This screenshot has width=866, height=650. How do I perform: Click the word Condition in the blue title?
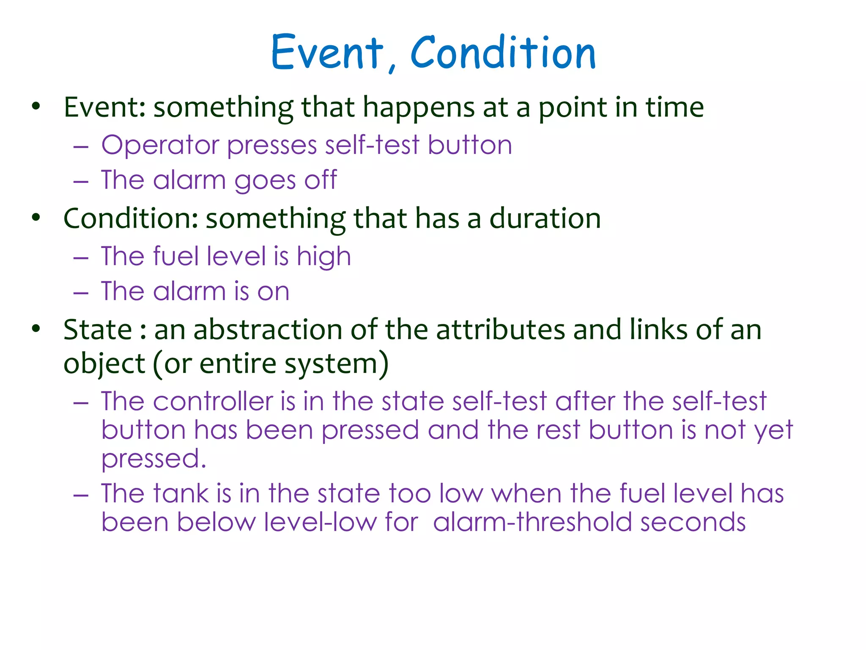click(x=503, y=52)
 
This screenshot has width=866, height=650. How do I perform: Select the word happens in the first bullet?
click(x=419, y=107)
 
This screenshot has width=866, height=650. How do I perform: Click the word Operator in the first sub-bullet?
click(x=160, y=145)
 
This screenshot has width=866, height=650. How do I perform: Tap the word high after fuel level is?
click(x=323, y=257)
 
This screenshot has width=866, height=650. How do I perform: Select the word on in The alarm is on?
click(x=273, y=292)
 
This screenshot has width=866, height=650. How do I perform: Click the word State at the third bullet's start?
click(x=98, y=330)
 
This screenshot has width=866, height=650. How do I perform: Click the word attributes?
click(x=500, y=330)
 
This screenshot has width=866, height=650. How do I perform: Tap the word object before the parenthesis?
click(x=104, y=364)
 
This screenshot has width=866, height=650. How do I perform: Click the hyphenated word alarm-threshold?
click(x=533, y=522)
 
